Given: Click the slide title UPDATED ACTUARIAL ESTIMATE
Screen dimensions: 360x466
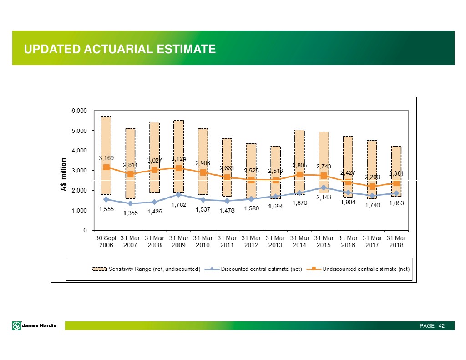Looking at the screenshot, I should click(x=120, y=49).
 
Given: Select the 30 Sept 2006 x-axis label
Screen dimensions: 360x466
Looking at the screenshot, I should click(x=106, y=241).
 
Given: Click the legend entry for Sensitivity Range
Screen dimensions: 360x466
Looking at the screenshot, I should click(x=146, y=269).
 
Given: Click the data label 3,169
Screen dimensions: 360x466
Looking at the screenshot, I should click(x=106, y=158).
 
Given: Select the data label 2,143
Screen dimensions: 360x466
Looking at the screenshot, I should click(x=324, y=197).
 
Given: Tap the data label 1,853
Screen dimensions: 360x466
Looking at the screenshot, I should click(x=397, y=204).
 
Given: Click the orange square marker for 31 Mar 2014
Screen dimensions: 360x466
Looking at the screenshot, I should click(x=299, y=175).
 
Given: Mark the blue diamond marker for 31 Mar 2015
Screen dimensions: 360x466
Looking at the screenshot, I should click(x=324, y=188).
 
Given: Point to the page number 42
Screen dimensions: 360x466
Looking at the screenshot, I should click(x=441, y=326).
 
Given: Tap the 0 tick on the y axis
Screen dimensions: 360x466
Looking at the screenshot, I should click(x=86, y=230).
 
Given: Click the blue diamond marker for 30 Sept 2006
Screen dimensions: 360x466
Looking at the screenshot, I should click(x=106, y=199).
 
